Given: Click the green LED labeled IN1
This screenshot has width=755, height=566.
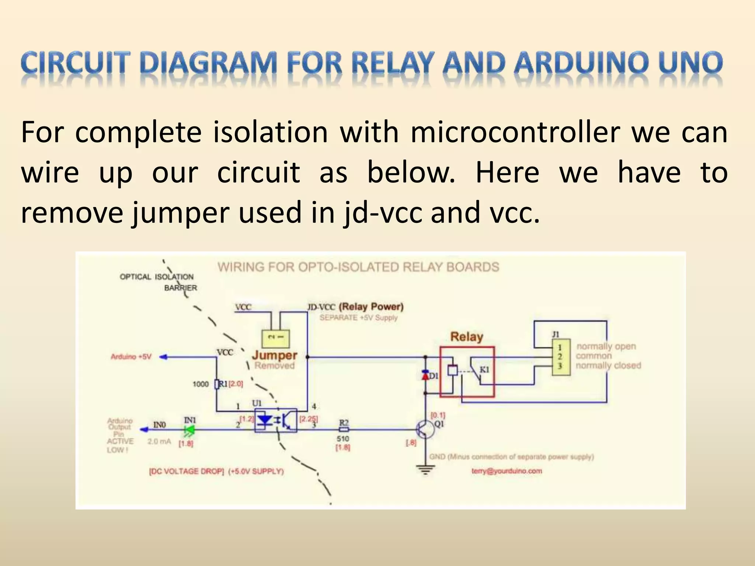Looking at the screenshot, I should point(190,430).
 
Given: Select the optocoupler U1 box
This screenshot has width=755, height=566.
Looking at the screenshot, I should point(275,420).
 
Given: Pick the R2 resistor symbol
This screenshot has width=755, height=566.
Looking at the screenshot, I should point(344,430).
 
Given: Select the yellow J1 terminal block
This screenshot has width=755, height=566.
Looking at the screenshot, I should point(561,357).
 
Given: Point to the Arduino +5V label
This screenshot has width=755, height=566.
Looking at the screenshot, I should point(131,357).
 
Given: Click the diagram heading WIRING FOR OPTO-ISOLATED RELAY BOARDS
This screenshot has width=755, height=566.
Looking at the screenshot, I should point(358,267).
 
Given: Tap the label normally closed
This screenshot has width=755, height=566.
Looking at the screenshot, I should point(608,366).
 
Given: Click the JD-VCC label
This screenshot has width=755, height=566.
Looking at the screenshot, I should point(321,307).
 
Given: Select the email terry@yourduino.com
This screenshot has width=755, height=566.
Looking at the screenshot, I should point(507,471).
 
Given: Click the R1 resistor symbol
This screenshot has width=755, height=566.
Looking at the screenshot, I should point(217,384).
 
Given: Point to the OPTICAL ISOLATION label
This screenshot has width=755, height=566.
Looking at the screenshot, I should point(157,277).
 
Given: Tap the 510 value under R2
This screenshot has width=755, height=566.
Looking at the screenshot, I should point(343,439).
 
